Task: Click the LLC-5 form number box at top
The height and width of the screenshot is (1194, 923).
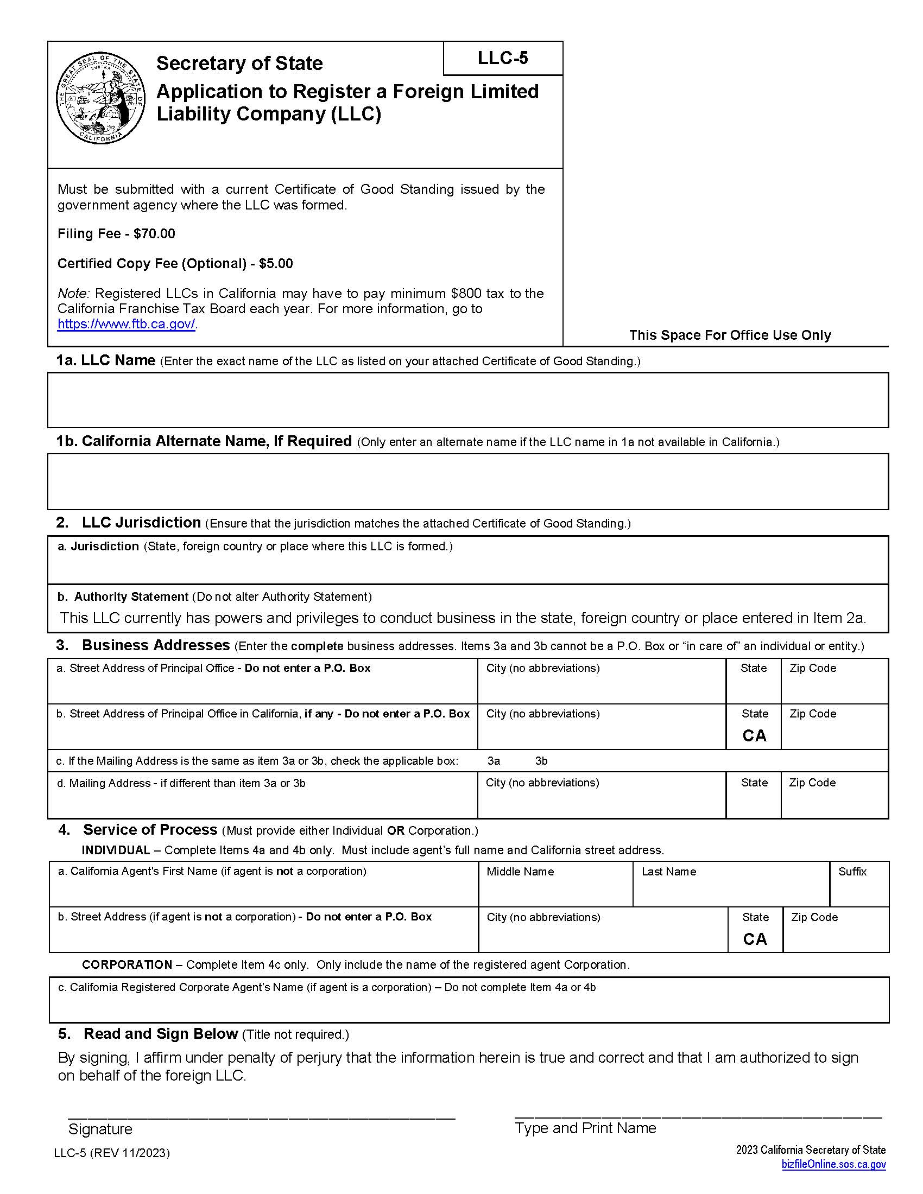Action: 503,58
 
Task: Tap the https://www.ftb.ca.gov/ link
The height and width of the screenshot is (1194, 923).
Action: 127,323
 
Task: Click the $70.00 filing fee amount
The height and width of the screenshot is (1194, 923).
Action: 154,234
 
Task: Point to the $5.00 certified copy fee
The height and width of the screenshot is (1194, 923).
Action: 276,264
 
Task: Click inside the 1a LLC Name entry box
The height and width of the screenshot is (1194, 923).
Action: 467,400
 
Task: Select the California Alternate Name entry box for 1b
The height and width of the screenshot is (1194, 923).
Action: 467,481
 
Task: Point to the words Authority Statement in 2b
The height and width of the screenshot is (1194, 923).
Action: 131,596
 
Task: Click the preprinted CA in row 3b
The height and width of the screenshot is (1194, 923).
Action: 754,736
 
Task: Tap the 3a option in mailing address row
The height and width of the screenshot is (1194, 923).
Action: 493,761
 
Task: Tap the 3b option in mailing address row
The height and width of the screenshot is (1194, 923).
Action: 541,761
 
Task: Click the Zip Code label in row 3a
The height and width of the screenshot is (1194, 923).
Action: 813,668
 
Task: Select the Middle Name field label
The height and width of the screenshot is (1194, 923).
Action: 520,872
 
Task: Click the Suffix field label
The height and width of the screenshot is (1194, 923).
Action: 852,872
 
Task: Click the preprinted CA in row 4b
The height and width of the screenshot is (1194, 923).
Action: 755,939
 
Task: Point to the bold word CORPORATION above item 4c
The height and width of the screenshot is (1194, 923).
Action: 127,964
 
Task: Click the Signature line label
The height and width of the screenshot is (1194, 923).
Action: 100,1129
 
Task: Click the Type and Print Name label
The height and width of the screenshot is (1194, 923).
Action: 585,1128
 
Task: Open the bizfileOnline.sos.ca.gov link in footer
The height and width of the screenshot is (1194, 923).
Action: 833,1164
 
